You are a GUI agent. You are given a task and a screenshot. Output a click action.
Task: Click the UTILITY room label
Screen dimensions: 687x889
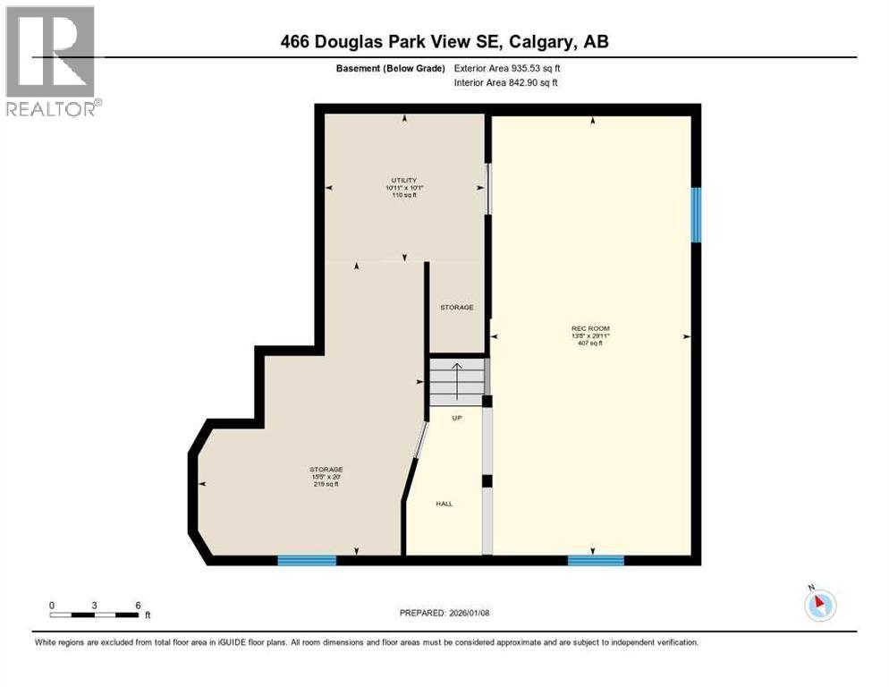(x=404, y=180)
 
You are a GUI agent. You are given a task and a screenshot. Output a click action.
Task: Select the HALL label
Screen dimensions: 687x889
(x=444, y=504)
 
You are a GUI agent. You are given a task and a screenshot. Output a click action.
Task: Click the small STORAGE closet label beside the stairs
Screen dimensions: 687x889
(x=456, y=308)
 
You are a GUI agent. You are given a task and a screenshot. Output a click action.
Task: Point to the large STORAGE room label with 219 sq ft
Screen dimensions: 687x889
(x=326, y=470)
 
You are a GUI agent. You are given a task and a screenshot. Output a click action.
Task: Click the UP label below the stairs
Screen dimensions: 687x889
(x=455, y=418)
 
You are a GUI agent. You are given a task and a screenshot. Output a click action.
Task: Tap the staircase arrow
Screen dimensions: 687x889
(x=455, y=380)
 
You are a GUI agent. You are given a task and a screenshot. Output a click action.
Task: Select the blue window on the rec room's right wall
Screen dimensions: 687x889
(x=696, y=215)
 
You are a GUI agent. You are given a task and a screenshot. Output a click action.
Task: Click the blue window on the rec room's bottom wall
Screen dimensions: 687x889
(x=596, y=561)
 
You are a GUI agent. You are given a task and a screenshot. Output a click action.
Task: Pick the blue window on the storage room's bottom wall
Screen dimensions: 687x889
(x=307, y=561)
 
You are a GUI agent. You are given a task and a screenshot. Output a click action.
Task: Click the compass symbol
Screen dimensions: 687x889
(x=819, y=605)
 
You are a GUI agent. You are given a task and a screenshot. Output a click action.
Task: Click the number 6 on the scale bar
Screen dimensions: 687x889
(x=138, y=605)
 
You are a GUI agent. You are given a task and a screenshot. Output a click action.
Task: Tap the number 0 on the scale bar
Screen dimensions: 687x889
(x=52, y=605)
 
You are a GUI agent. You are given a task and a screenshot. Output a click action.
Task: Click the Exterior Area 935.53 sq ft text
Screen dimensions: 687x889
(x=507, y=68)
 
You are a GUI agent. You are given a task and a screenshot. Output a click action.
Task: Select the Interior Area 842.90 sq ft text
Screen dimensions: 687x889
(x=506, y=83)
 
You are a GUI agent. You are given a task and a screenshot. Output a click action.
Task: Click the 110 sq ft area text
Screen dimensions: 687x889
(x=404, y=195)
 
